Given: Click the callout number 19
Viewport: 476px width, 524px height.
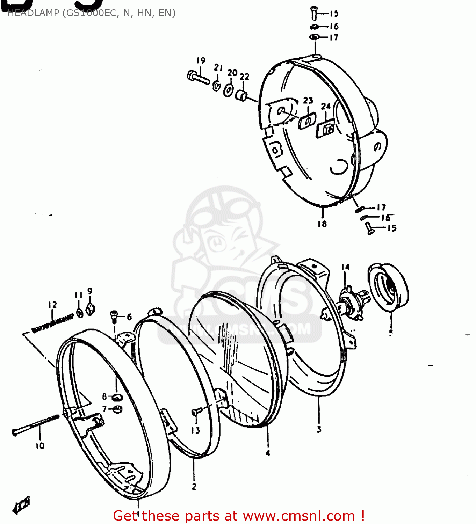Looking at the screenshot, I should click(201, 60).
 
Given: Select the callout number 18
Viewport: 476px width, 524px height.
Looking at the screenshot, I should click(322, 224).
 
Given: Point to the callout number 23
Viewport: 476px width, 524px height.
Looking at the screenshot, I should click(308, 101).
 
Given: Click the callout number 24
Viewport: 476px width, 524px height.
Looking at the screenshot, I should click(326, 106).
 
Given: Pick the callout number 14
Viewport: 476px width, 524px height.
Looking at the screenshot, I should click(345, 267).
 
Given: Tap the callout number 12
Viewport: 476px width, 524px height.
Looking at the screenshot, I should click(52, 305).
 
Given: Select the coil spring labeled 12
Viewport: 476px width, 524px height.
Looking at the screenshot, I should click(52, 323).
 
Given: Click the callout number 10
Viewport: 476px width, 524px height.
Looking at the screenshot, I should click(40, 446).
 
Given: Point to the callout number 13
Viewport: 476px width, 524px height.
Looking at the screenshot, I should click(195, 430).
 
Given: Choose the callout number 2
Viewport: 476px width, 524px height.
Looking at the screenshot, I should click(194, 486).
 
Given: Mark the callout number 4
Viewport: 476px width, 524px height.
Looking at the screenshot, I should click(268, 453).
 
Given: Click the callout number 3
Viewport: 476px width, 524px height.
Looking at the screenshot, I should click(319, 429).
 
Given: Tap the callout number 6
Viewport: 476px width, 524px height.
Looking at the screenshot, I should click(129, 316).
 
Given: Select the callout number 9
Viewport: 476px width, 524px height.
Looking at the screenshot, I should click(90, 291).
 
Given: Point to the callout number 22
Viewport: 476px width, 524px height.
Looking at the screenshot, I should click(245, 77).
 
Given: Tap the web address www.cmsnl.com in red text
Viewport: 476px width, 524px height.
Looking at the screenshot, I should click(299, 516).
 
